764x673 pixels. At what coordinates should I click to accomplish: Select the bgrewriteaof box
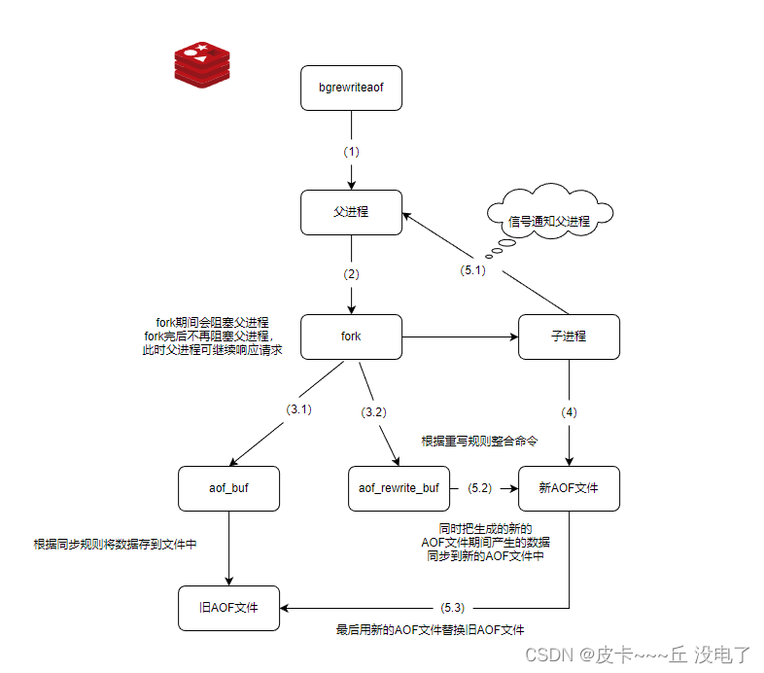(351, 89)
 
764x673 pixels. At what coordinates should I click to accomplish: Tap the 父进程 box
(351, 211)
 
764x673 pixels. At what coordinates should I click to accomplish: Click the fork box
(351, 336)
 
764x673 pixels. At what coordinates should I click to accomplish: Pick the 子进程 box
(569, 336)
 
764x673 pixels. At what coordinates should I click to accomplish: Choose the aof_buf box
(228, 488)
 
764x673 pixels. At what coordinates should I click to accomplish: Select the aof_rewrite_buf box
(399, 488)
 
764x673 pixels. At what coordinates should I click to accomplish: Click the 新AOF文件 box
(569, 488)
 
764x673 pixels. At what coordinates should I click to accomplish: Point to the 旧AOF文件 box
(228, 609)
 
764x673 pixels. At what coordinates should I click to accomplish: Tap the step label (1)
(351, 152)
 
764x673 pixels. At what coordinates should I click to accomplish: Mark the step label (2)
(351, 274)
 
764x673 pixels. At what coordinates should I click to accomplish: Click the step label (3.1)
(298, 409)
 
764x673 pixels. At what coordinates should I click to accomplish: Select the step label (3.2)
(373, 411)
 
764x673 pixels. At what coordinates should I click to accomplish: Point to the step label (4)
(569, 411)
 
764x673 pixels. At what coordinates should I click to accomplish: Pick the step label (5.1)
(473, 270)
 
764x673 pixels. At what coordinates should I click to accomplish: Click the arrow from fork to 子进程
(457, 336)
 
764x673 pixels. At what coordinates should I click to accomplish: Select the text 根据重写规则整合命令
(479, 441)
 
